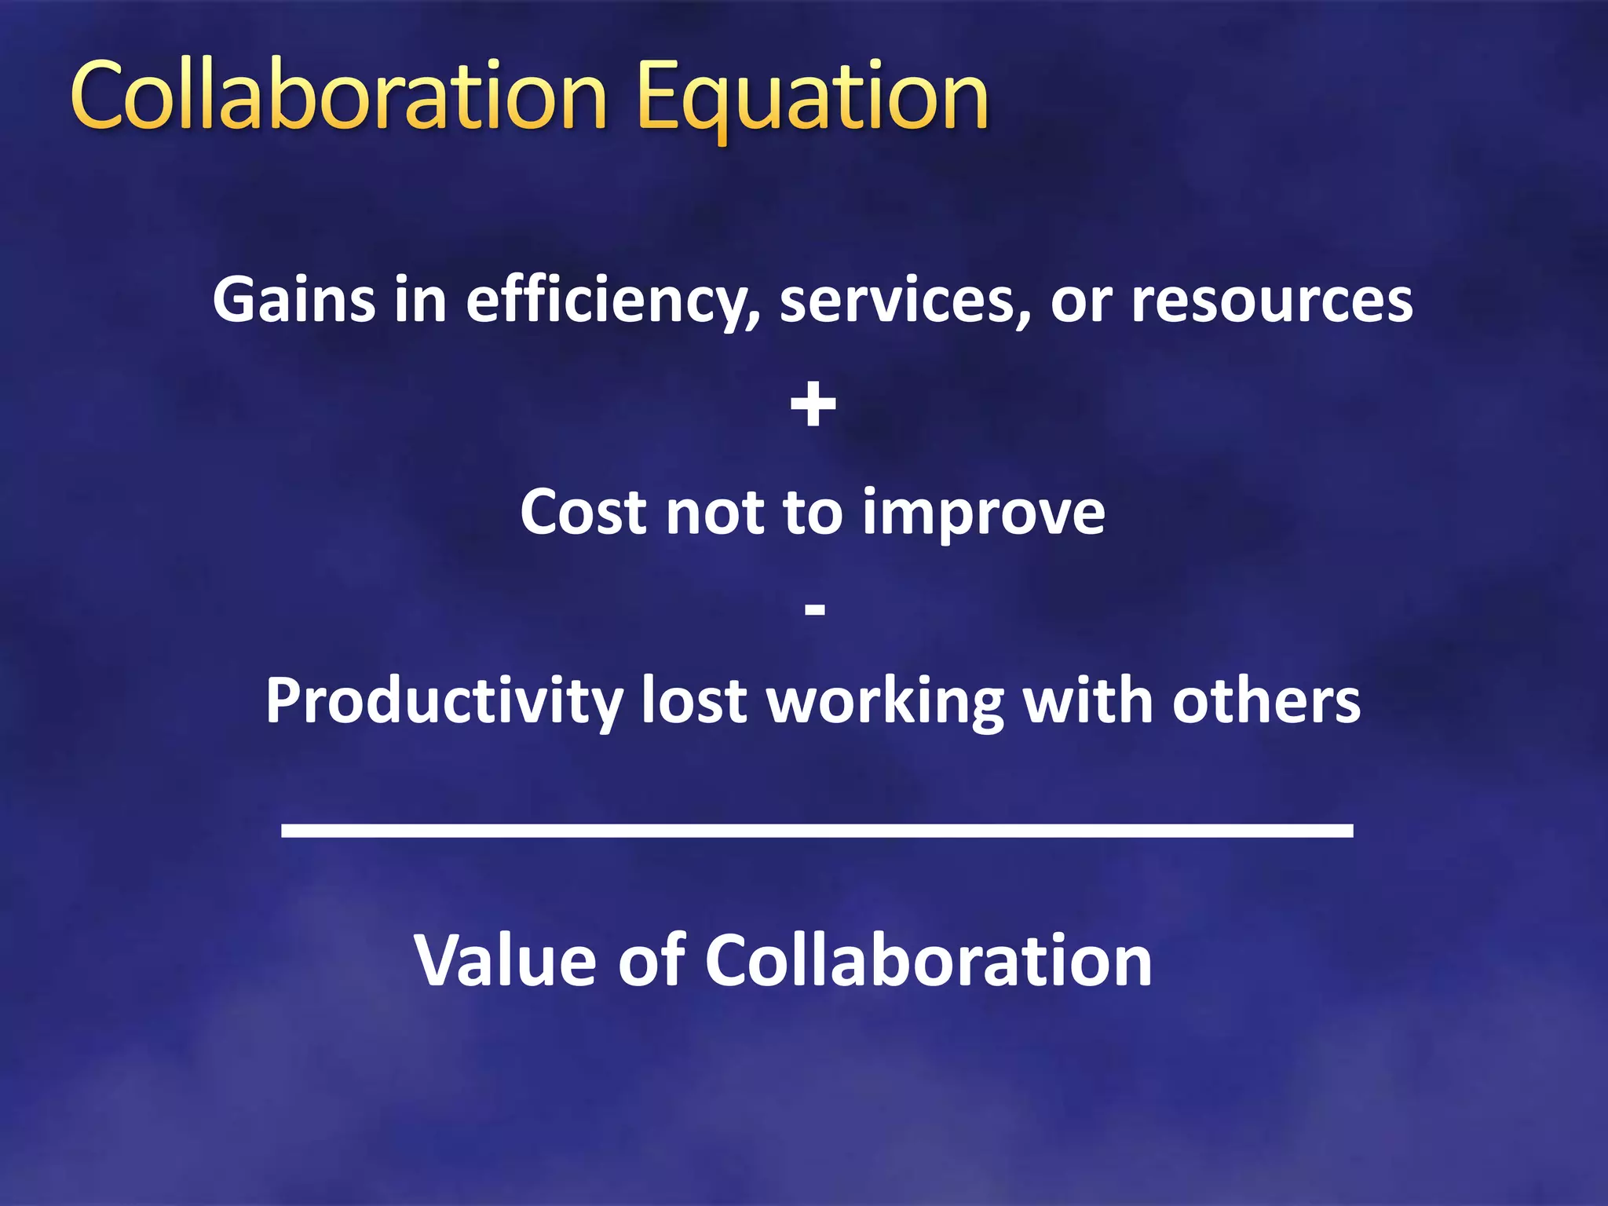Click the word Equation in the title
813,98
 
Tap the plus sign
813,405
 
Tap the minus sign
815,609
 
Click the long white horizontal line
817,830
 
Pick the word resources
1271,301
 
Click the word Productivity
444,701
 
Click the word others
1266,700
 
